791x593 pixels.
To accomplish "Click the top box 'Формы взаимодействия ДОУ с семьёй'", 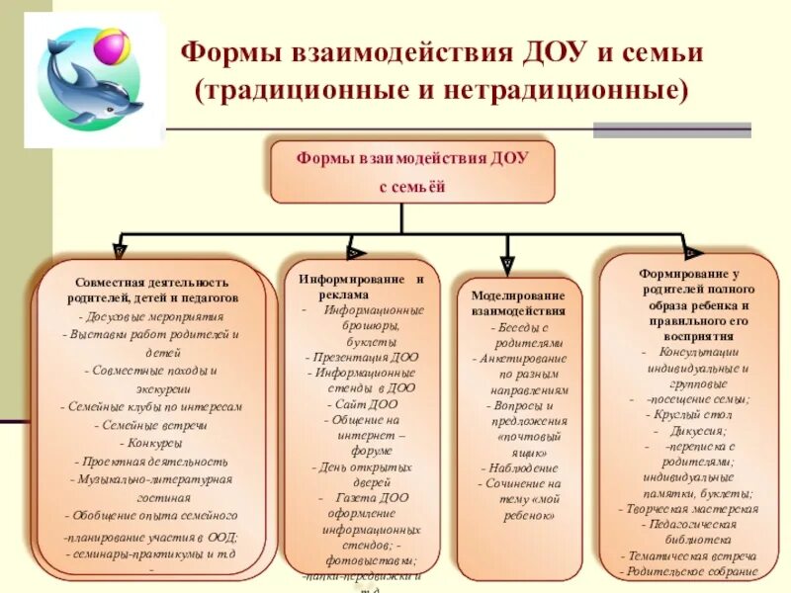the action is click(x=412, y=171).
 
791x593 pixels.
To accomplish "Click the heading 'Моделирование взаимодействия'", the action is click(x=518, y=302).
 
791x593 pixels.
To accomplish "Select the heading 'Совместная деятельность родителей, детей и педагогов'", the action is click(x=152, y=290).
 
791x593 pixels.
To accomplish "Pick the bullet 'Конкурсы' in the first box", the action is click(x=152, y=443).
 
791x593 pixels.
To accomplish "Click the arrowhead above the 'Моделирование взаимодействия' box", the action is click(x=507, y=264).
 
